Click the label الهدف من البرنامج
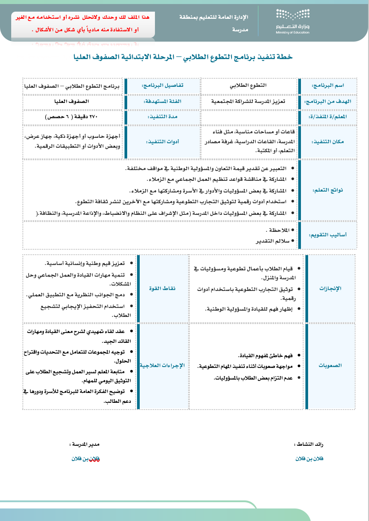pos(327,102)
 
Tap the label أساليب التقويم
pos(327,235)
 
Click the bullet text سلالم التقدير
pos(272,241)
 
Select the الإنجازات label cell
pos(330,288)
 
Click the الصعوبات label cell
pos(330,365)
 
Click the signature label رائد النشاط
pos(309,444)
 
